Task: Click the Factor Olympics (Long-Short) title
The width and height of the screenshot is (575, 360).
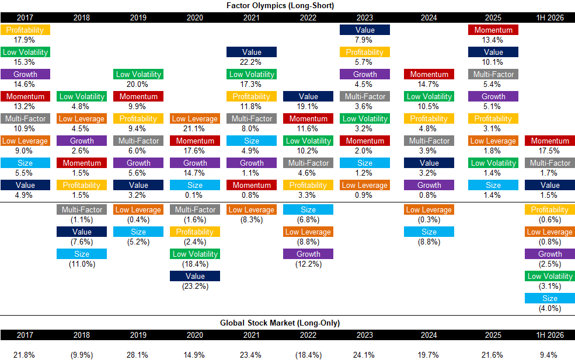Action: click(280, 5)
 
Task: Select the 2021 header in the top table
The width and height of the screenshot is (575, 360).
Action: click(252, 18)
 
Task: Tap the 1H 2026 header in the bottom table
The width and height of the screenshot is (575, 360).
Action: click(550, 335)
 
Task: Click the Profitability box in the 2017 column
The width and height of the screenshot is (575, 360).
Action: click(25, 30)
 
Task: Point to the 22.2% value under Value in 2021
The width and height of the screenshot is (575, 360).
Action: click(251, 62)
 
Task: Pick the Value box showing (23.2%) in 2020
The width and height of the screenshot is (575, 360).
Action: click(195, 276)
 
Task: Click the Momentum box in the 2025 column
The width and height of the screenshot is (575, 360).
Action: click(493, 30)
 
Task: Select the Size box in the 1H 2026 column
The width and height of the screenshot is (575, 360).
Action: click(550, 298)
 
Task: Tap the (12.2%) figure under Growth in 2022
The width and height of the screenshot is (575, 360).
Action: click(308, 264)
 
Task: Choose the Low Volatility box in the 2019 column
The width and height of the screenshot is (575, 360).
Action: click(138, 75)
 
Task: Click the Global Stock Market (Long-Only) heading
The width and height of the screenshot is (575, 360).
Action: click(280, 323)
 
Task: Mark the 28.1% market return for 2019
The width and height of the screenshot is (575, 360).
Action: click(138, 355)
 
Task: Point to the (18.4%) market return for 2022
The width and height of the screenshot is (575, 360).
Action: click(308, 355)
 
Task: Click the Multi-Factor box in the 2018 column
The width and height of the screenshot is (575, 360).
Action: click(82, 209)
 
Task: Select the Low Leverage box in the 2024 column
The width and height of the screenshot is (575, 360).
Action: click(429, 209)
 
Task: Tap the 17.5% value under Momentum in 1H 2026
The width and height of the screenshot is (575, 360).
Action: click(549, 151)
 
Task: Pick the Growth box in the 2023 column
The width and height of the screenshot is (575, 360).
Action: click(365, 75)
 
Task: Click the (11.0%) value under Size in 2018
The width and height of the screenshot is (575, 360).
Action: click(82, 264)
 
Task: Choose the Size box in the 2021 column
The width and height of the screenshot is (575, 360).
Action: click(252, 141)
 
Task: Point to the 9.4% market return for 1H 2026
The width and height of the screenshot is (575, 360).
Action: click(549, 355)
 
